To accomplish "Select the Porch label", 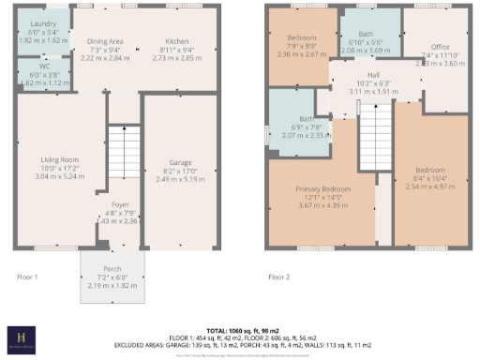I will tap(112, 269).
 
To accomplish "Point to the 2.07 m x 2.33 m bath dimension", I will tap(292, 135).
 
